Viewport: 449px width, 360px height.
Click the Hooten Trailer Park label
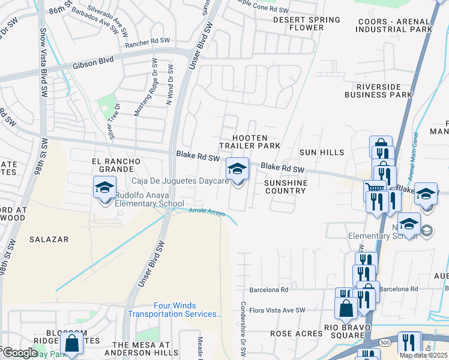point(249,142)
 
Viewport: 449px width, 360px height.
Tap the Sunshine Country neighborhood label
point(285,187)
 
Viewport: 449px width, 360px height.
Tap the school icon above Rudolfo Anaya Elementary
point(104,188)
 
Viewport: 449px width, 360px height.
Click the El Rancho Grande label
point(116,166)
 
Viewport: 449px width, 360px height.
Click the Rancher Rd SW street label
point(148,43)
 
